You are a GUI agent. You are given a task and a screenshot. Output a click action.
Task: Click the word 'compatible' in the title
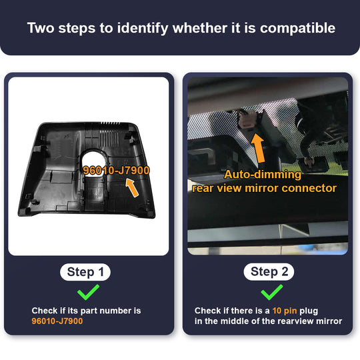click(297, 29)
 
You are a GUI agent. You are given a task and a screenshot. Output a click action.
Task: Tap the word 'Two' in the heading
click(41, 28)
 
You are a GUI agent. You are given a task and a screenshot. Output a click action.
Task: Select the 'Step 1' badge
click(85, 272)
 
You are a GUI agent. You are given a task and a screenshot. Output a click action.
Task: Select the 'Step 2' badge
click(269, 272)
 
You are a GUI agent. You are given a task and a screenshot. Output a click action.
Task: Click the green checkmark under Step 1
click(88, 292)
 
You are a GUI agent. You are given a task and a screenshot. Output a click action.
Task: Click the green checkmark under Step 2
click(272, 292)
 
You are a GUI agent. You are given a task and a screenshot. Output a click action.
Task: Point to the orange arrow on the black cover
click(133, 187)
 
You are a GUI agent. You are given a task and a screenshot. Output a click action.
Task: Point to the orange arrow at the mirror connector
click(258, 148)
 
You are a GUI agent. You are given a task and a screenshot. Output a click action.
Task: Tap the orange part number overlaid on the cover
click(116, 171)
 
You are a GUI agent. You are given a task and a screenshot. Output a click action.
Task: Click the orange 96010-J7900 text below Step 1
click(57, 321)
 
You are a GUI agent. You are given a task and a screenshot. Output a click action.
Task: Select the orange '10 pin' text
click(285, 311)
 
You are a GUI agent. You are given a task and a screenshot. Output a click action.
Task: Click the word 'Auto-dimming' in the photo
click(263, 175)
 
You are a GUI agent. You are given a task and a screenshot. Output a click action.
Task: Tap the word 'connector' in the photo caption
click(309, 188)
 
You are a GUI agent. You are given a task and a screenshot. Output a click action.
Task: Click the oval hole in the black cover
click(94, 161)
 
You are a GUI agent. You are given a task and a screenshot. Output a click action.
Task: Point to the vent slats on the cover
click(109, 135)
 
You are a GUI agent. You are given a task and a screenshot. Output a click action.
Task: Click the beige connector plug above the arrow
click(247, 120)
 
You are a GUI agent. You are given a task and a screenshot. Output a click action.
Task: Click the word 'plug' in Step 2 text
click(309, 311)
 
